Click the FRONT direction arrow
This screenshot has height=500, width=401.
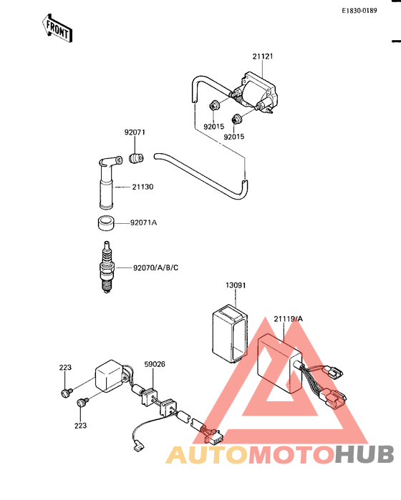click(x=57, y=29)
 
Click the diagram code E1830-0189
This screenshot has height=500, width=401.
click(x=359, y=11)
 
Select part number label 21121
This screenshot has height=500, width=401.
click(x=263, y=56)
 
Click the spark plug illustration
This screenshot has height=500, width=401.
click(x=107, y=267)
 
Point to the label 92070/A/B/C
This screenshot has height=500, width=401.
click(x=156, y=268)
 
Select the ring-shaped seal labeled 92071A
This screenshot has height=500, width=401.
click(x=106, y=223)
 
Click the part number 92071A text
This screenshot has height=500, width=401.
click(x=143, y=222)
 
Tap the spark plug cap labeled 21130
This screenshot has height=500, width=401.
click(x=108, y=182)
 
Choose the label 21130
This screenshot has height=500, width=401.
click(x=142, y=187)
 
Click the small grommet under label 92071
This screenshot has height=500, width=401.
click(x=136, y=158)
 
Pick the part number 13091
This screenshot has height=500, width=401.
click(x=236, y=285)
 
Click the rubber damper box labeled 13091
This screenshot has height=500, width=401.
click(x=230, y=333)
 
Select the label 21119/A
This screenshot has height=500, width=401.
click(x=289, y=319)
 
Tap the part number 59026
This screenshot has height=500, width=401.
click(x=155, y=364)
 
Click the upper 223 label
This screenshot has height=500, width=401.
click(x=65, y=368)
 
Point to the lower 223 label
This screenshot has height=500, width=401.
click(x=80, y=426)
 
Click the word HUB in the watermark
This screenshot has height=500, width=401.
click(x=364, y=454)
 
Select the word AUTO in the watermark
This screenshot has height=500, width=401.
click(x=206, y=455)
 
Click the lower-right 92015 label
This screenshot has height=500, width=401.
click(x=234, y=137)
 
